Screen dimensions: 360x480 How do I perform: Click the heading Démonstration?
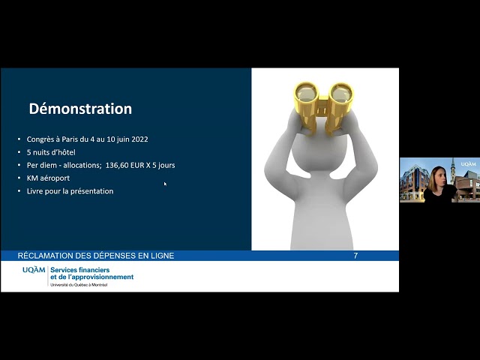80,109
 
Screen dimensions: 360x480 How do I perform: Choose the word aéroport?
55,178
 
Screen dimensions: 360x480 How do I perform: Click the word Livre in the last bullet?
35,191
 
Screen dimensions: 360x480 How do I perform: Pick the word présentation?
90,191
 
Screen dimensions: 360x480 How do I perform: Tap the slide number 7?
355,256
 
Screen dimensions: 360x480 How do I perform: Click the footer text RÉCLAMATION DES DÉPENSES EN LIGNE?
96,256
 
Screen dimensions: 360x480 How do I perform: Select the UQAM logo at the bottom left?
33,270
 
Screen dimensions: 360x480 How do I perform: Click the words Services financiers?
80,269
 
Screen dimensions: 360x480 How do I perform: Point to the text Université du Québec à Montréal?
79,285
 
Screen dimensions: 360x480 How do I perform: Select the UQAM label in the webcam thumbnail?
468,163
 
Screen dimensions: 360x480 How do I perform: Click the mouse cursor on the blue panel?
165,184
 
